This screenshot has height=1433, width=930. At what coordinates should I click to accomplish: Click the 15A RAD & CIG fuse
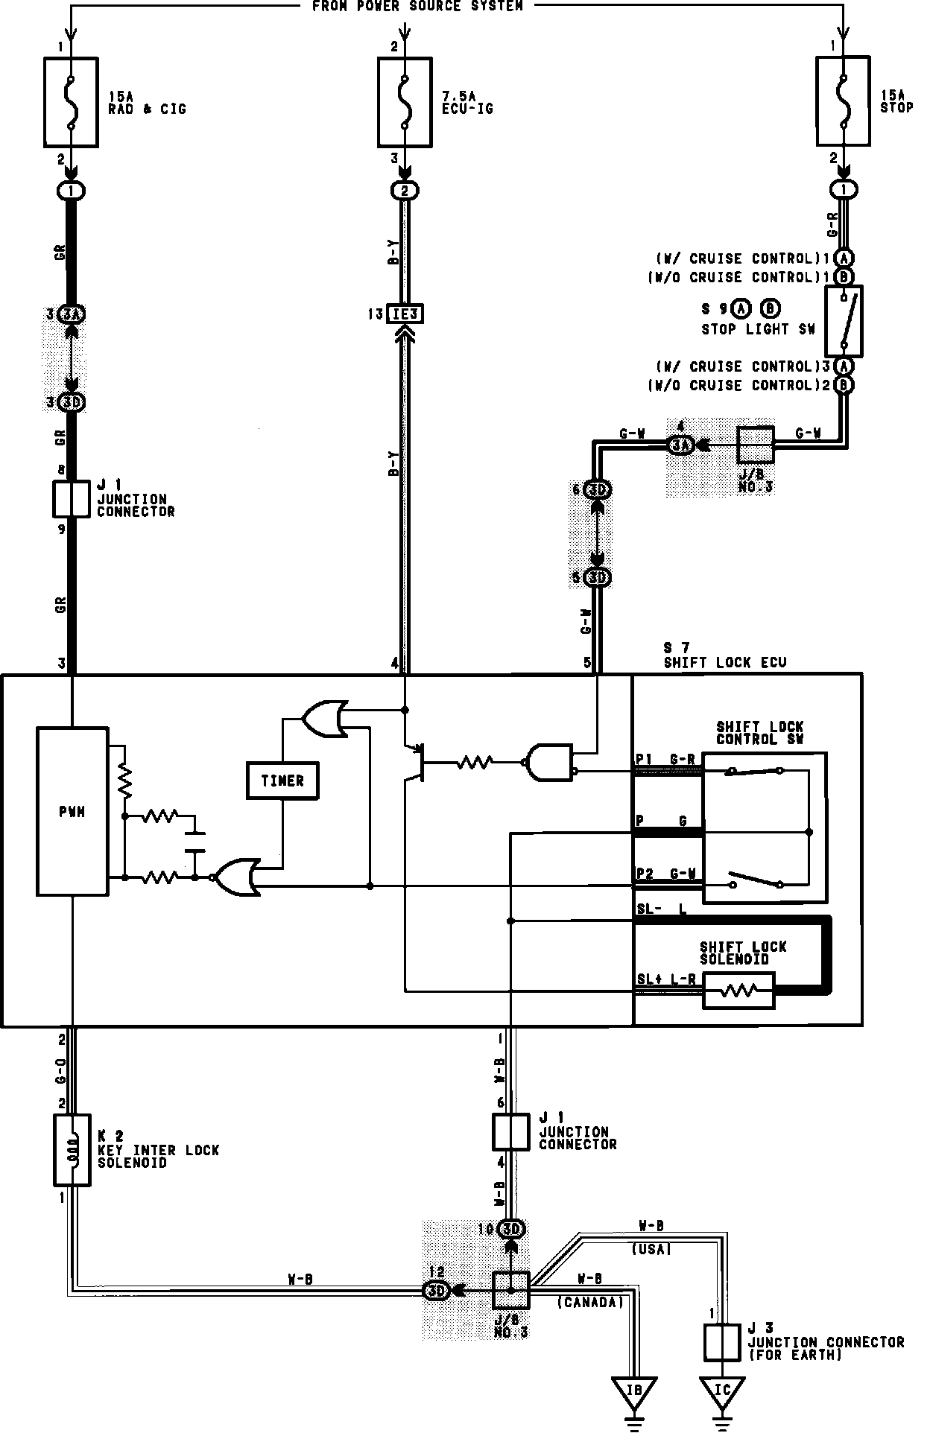[x=72, y=102]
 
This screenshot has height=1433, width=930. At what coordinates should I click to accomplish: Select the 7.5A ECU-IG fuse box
[x=405, y=102]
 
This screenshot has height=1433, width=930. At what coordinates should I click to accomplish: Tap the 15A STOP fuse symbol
[x=843, y=102]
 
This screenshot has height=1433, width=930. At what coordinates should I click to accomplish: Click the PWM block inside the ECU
[x=72, y=812]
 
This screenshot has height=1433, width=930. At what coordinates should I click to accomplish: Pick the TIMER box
[x=282, y=781]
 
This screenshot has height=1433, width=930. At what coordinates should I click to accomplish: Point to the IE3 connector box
[x=405, y=314]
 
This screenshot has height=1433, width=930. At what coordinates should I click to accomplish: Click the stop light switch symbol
[x=844, y=320]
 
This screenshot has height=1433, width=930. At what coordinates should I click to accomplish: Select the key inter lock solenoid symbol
[x=72, y=1151]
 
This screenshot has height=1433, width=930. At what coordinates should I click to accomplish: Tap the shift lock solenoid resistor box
[x=738, y=991]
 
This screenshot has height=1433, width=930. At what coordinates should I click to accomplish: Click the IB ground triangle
[x=633, y=1391]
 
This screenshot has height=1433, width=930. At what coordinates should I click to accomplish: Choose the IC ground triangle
[x=721, y=1391]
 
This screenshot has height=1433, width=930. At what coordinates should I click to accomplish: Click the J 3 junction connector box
[x=721, y=1343]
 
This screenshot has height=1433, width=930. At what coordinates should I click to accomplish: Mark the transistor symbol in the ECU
[x=414, y=762]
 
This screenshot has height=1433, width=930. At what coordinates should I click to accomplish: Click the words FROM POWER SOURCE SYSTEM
[x=417, y=6]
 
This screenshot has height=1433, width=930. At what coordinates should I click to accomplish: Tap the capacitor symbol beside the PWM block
[x=194, y=840]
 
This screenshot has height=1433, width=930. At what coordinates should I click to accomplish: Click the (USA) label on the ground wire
[x=651, y=1250]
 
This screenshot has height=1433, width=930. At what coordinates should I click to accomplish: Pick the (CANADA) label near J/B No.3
[x=589, y=1302]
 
